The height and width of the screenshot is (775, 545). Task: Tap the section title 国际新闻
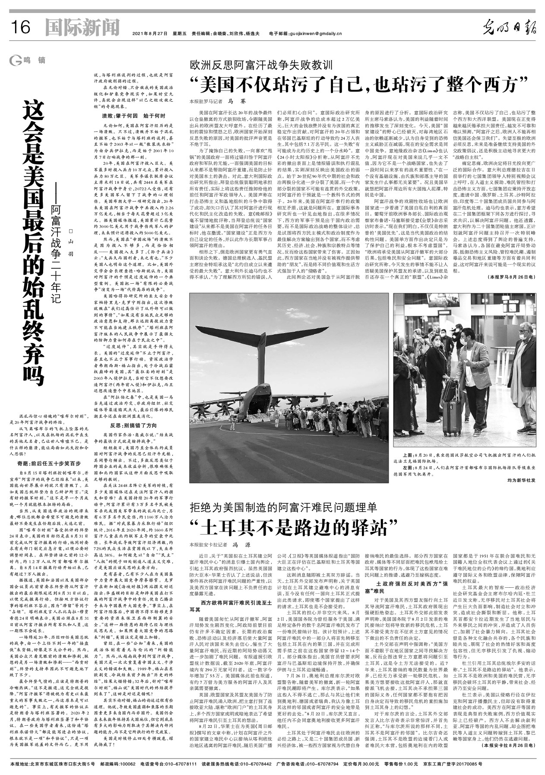click(82, 29)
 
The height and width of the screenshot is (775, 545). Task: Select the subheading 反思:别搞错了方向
click(128, 426)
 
